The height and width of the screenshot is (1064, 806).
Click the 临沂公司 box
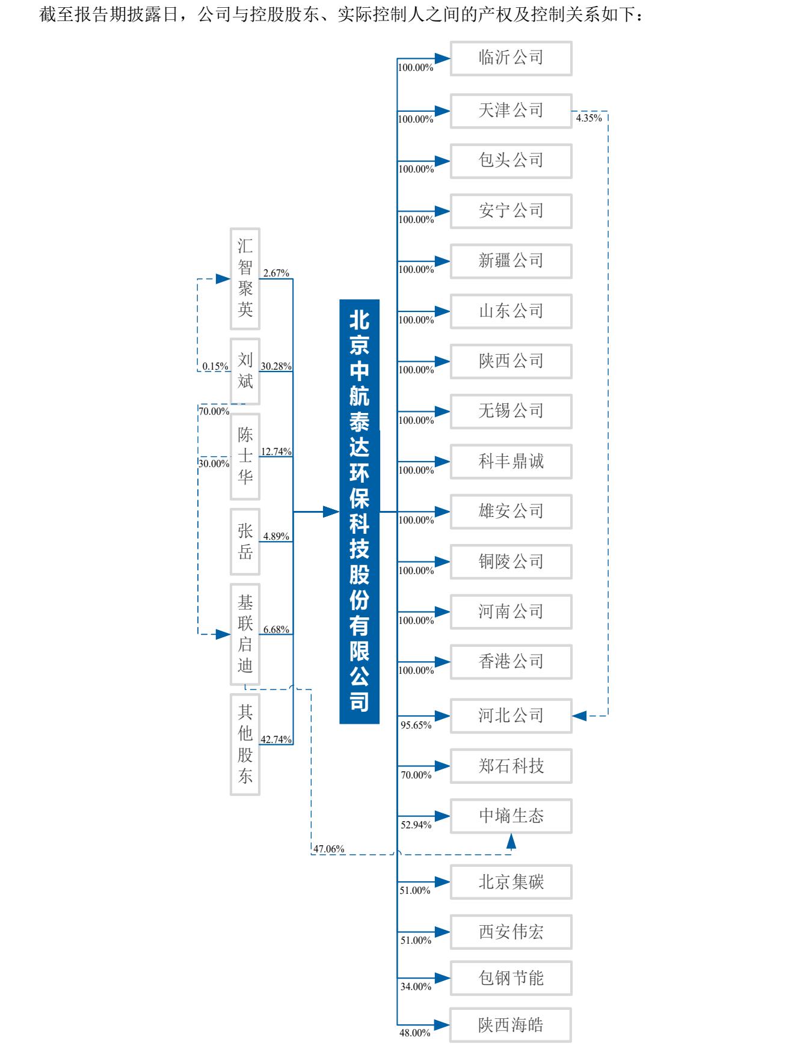pyautogui.click(x=511, y=58)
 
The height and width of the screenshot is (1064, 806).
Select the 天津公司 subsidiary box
pyautogui.click(x=511, y=111)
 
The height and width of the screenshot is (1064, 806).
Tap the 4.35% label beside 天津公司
pyautogui.click(x=589, y=118)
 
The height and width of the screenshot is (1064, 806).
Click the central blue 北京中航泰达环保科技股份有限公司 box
pyautogui.click(x=360, y=512)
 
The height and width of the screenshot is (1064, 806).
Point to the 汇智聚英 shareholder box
pyautogui.click(x=245, y=278)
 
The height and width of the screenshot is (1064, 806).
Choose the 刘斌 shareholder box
pyautogui.click(x=245, y=371)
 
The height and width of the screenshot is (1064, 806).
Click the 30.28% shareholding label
pyautogui.click(x=276, y=365)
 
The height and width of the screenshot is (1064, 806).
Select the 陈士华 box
pyautogui.click(x=245, y=456)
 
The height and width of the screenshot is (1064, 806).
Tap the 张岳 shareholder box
pyautogui.click(x=245, y=542)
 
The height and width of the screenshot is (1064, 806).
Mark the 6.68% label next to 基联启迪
pyautogui.click(x=276, y=629)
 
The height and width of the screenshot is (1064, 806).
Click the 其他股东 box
pyautogui.click(x=245, y=744)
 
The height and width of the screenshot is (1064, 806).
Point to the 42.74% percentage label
pyautogui.click(x=276, y=739)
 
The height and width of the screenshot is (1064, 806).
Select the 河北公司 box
pyautogui.click(x=511, y=715)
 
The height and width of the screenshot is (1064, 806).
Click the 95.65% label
pyautogui.click(x=416, y=725)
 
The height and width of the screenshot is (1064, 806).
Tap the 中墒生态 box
pyautogui.click(x=511, y=816)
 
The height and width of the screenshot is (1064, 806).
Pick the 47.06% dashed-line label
pyautogui.click(x=329, y=849)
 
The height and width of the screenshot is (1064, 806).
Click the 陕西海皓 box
pyautogui.click(x=511, y=1025)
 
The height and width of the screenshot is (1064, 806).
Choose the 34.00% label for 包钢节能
pyautogui.click(x=416, y=986)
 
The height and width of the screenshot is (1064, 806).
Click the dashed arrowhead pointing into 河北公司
pyautogui.click(x=579, y=715)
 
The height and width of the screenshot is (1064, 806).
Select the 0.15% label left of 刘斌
pyautogui.click(x=215, y=365)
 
